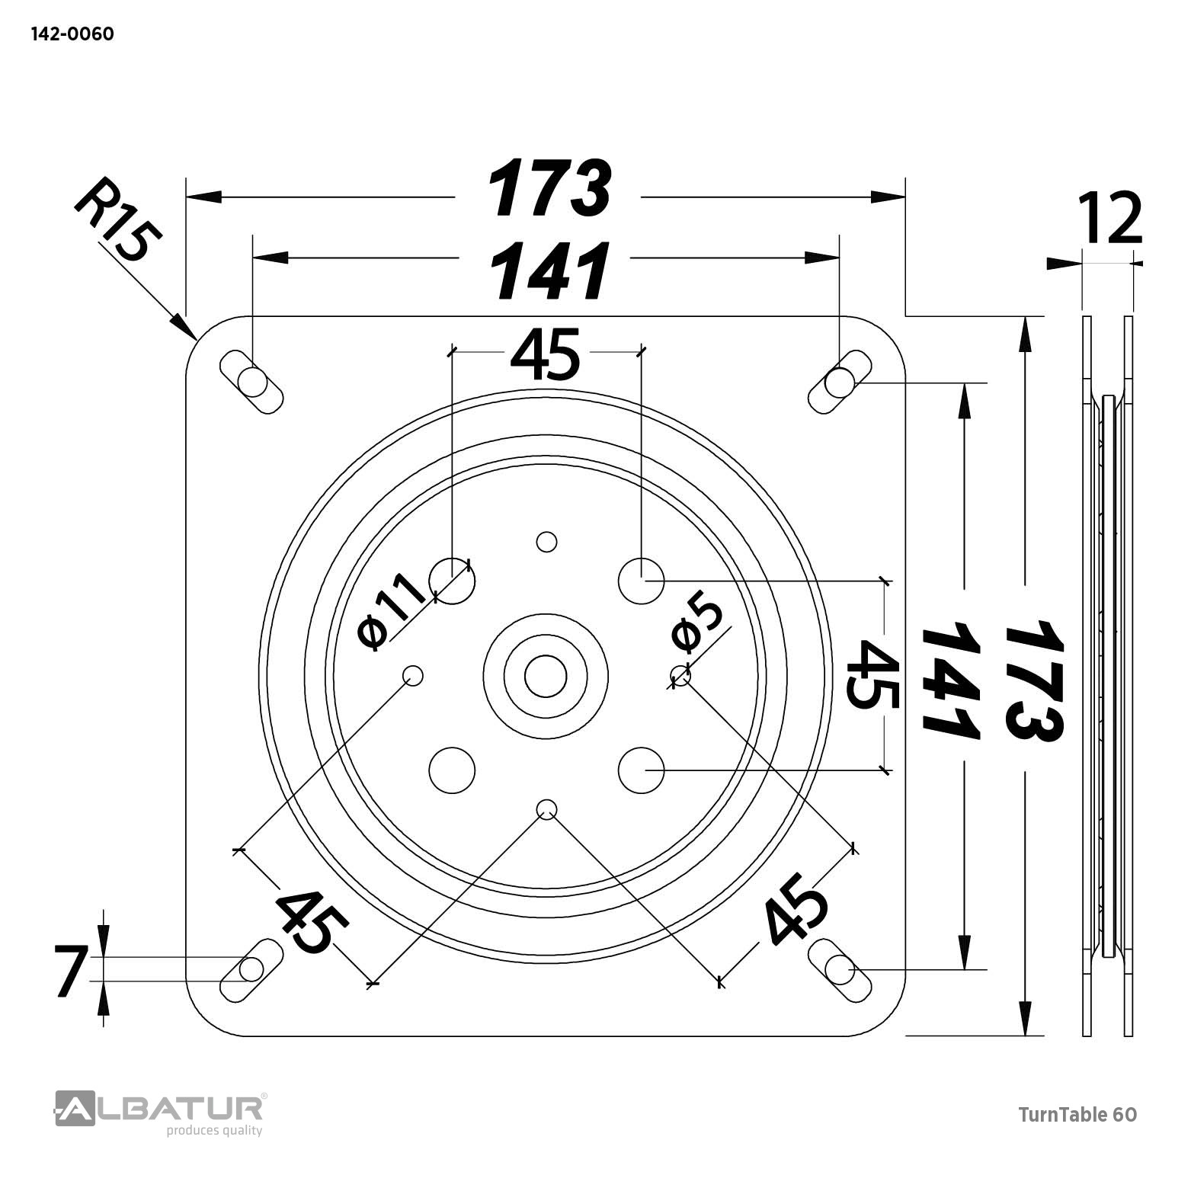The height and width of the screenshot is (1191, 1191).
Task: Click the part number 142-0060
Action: pyautogui.click(x=72, y=34)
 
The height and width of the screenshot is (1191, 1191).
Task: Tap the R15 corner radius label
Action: pyautogui.click(x=118, y=219)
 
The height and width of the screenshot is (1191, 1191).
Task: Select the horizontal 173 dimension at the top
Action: pyautogui.click(x=549, y=187)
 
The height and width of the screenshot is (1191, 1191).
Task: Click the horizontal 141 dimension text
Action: pyautogui.click(x=549, y=271)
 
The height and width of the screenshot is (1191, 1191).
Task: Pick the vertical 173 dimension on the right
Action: pyautogui.click(x=1033, y=680)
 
